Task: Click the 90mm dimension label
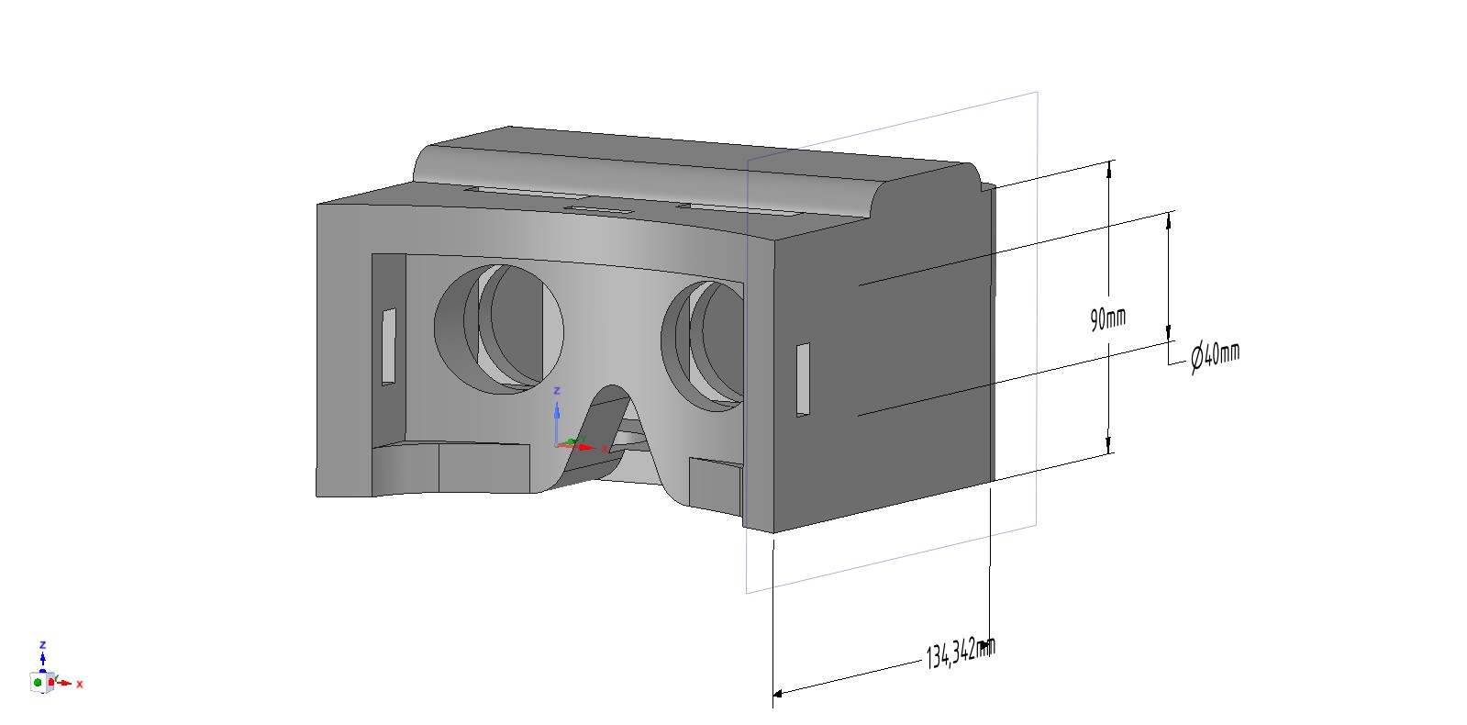tap(1107, 319)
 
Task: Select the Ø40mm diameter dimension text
tap(1216, 356)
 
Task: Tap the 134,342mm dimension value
tap(960, 652)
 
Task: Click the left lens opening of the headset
tap(498, 329)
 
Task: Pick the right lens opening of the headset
tap(702, 346)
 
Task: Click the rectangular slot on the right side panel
tap(803, 379)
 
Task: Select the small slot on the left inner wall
tap(389, 347)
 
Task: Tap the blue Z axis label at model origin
tap(557, 391)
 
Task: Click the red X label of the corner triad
tap(80, 685)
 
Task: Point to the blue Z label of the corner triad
tap(43, 646)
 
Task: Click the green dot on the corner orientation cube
tap(38, 683)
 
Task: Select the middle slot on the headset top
tap(599, 209)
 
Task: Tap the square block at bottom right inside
tap(716, 485)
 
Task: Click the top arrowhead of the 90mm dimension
tap(1109, 170)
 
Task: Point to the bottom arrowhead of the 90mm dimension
tap(1109, 444)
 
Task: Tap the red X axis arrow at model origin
tap(583, 448)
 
